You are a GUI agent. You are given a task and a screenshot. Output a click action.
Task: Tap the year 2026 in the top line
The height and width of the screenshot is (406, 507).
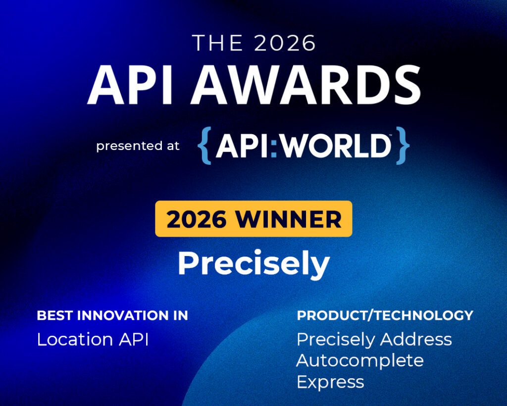(x=285, y=43)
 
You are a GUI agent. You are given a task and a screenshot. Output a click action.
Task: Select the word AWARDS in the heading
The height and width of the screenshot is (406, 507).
(x=306, y=84)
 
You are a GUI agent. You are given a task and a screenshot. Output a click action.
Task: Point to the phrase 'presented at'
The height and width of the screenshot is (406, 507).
(x=138, y=146)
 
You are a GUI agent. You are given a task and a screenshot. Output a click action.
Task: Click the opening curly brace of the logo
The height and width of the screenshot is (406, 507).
(x=204, y=146)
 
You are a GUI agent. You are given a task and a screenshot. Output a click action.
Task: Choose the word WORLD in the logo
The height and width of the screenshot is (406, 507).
(x=335, y=146)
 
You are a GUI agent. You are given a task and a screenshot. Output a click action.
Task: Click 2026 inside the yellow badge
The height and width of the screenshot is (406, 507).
(x=197, y=219)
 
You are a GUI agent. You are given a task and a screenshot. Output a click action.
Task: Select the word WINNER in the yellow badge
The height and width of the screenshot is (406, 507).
(x=289, y=219)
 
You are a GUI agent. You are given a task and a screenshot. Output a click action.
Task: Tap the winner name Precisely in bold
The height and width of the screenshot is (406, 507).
(x=254, y=263)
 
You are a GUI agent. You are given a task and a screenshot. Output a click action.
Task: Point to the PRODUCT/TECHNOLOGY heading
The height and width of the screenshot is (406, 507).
(x=385, y=315)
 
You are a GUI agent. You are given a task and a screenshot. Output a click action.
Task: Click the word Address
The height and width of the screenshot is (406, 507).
(x=416, y=340)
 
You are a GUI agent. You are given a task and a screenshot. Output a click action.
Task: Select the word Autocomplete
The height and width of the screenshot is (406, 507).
(x=360, y=361)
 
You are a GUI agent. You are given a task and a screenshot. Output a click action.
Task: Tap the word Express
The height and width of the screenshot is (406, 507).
(x=330, y=382)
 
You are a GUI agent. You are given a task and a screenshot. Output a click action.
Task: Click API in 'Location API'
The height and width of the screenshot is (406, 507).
(x=134, y=340)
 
